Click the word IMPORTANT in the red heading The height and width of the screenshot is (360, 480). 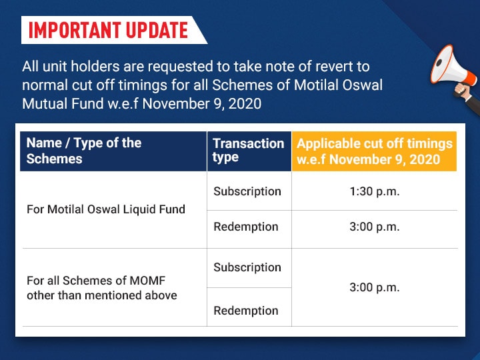click(75, 30)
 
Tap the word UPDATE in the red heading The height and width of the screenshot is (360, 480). click(157, 30)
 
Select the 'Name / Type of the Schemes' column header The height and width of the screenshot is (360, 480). click(113, 151)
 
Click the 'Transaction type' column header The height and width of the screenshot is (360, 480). click(249, 151)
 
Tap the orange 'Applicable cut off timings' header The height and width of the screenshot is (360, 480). click(374, 151)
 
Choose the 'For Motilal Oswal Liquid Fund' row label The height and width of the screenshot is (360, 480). click(106, 209)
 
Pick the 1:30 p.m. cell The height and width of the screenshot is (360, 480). click(375, 191)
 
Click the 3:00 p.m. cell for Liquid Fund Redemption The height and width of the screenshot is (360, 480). click(375, 227)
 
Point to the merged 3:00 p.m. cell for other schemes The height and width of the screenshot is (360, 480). click(375, 288)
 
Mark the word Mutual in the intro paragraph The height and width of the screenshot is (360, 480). click(45, 104)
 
